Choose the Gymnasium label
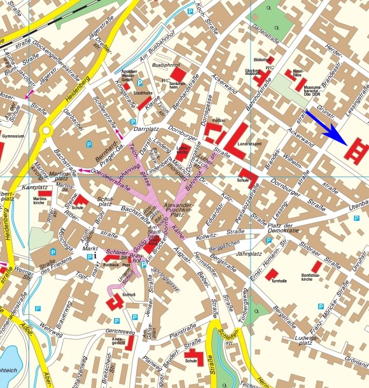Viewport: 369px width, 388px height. click(x=13, y=136)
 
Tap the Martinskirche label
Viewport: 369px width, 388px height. click(x=42, y=199)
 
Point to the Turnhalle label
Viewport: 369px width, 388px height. click(x=279, y=281)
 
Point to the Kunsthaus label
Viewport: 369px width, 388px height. click(x=297, y=74)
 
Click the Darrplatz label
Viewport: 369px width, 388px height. click(x=148, y=128)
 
